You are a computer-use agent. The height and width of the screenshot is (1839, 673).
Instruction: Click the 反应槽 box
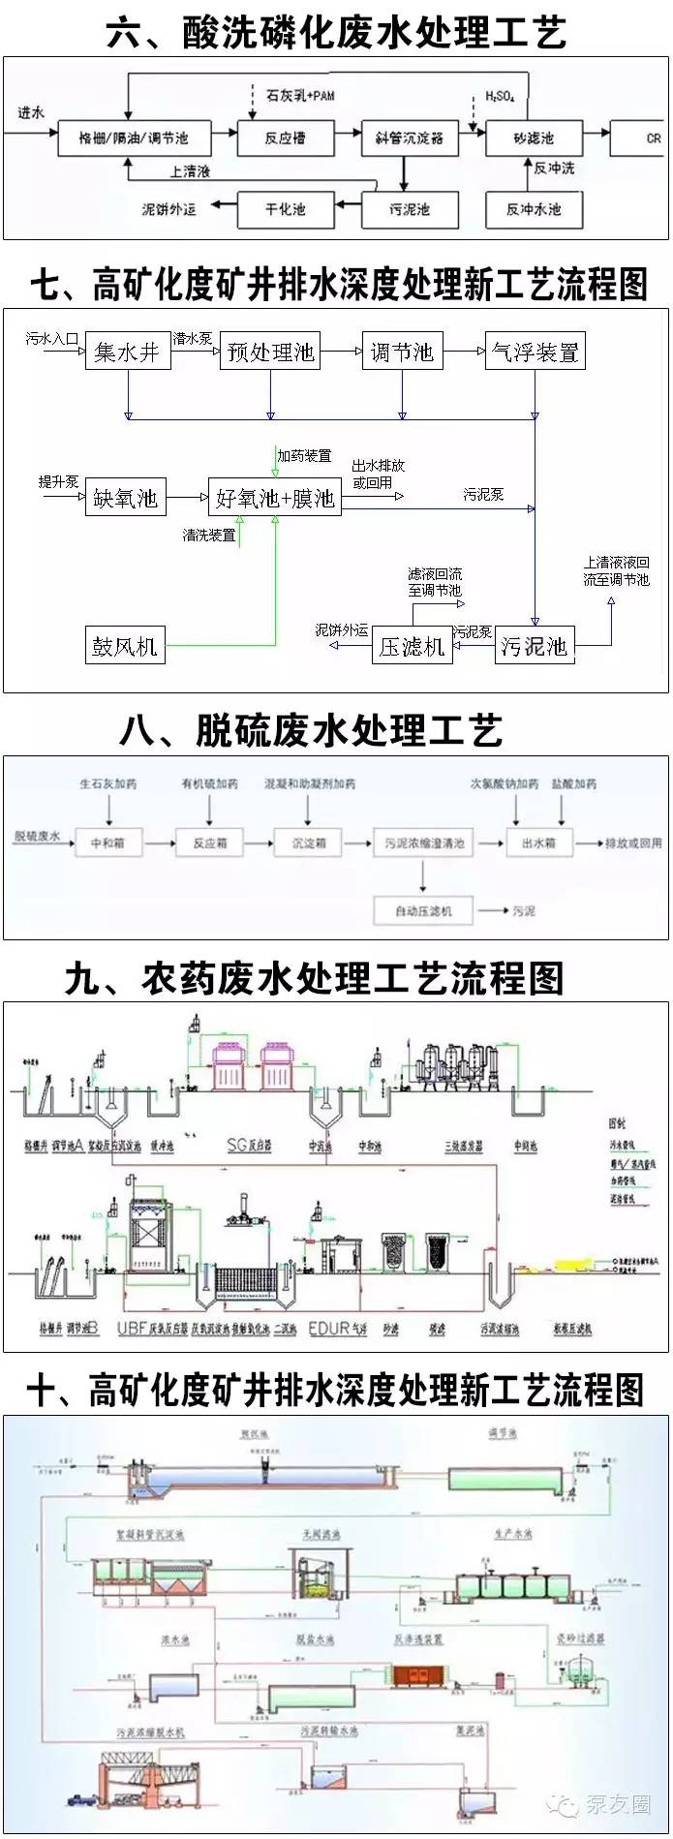pos(286,138)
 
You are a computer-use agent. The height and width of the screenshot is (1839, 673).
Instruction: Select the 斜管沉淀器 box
pos(409,138)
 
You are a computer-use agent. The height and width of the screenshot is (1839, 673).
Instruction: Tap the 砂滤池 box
pos(533,138)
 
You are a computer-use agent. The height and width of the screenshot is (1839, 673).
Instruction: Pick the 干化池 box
pos(286,209)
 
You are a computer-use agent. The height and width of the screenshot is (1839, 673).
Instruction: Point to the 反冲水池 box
pos(534,209)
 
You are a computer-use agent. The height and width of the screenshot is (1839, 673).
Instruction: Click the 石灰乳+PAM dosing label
pos(299,96)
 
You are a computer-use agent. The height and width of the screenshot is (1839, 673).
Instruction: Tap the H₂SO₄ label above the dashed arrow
pos(500,96)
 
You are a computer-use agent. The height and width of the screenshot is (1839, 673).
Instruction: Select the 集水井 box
pos(127,352)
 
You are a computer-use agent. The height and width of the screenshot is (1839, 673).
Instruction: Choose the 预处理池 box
pos(270,352)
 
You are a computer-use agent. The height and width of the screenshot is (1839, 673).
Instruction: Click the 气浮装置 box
pos(535,352)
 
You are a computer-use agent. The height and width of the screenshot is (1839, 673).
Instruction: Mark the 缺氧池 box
pos(125,498)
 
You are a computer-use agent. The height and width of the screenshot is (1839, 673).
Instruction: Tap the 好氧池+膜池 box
pos(275,498)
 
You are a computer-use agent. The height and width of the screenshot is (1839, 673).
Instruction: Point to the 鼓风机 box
pos(125,646)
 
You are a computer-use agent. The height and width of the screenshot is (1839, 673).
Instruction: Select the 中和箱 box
pos(107,843)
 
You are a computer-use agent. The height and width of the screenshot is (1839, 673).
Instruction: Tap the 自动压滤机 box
pos(423,910)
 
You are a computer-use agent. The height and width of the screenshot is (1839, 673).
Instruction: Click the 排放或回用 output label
pos(633,843)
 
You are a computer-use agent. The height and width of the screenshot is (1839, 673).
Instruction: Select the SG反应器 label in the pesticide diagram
pos(249,1145)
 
